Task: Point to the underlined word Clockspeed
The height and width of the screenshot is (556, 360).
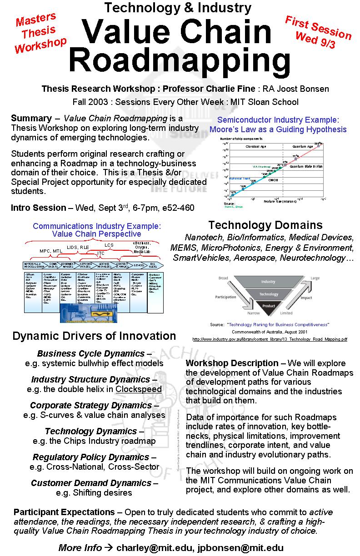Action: pyautogui.click(x=139, y=389)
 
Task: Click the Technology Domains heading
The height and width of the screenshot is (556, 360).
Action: pyautogui.click(x=265, y=225)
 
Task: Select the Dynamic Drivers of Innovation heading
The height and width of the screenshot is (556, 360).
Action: pyautogui.click(x=94, y=336)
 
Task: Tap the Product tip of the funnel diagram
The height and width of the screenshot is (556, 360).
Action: pyautogui.click(x=269, y=306)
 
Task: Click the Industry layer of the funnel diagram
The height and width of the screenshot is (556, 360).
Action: pyautogui.click(x=268, y=282)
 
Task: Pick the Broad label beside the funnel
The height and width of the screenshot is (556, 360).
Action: pyautogui.click(x=223, y=278)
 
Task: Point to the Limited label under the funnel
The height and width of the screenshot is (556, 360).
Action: pyautogui.click(x=299, y=313)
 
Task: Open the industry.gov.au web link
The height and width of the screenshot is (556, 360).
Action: pyautogui.click(x=270, y=339)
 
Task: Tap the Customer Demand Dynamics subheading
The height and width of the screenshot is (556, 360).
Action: pyautogui.click(x=94, y=483)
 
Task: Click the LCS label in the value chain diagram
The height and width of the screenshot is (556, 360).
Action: pyautogui.click(x=109, y=245)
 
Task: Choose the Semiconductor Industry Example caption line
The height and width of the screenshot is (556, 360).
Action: pyautogui.click(x=278, y=120)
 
